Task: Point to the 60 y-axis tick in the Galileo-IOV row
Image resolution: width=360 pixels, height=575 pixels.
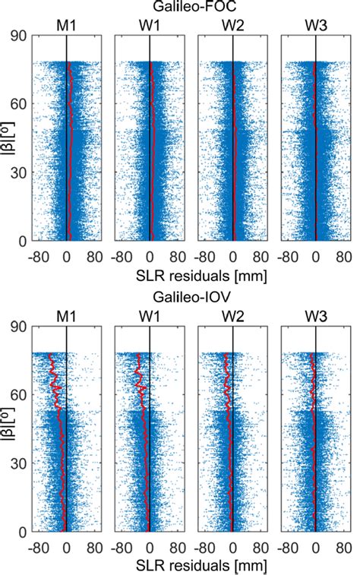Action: (x=21, y=395)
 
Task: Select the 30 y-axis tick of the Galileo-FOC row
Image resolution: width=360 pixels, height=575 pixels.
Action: (x=21, y=172)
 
